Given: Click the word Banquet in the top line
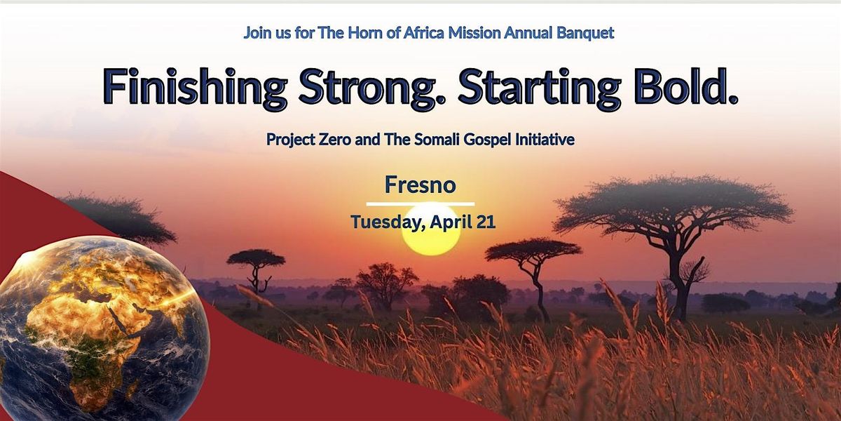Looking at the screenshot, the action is tap(585, 33).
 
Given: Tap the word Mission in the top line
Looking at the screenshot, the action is tap(474, 33).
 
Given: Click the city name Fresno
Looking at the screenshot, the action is tap(420, 185).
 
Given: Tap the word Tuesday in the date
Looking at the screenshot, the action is tap(388, 222).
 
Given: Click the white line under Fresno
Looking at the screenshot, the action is tap(420, 204).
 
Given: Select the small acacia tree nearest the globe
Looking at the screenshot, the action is tap(256, 270).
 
